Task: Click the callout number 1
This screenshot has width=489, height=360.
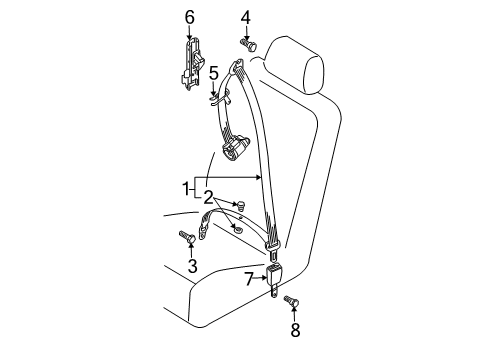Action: [x=186, y=189]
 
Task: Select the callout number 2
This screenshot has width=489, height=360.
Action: [x=208, y=197]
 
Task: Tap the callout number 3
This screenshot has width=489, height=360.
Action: [x=192, y=266]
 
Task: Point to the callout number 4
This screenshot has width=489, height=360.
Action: [x=246, y=17]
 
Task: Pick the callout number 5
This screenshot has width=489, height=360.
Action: [x=214, y=73]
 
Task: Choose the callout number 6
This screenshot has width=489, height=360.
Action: [x=189, y=17]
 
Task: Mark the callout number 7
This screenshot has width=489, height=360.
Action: [x=249, y=279]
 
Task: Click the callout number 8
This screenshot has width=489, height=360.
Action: [x=295, y=330]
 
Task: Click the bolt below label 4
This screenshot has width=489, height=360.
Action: [x=248, y=44]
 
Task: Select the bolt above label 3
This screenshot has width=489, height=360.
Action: [x=188, y=237]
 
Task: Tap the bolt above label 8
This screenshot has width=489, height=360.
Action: [x=292, y=301]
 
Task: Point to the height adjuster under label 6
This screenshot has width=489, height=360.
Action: [x=192, y=64]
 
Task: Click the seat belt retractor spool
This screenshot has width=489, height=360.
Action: [x=236, y=147]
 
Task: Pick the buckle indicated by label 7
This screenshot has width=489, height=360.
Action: [x=274, y=279]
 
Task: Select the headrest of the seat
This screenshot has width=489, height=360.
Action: [x=295, y=65]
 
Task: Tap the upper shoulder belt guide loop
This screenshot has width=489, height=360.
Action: [x=237, y=65]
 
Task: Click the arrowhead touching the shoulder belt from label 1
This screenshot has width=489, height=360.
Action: [x=259, y=177]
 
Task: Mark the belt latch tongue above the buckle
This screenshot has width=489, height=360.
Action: [x=273, y=251]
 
